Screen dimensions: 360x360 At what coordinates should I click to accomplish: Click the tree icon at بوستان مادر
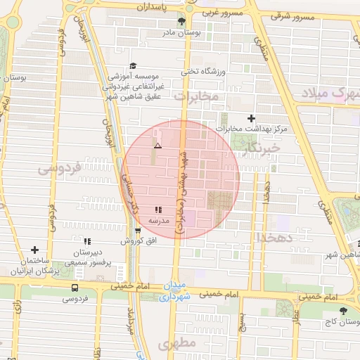point(182,22)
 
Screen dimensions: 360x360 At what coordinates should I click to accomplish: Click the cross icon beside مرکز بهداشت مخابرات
point(252,118)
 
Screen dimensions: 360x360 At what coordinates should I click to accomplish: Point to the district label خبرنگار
point(263,148)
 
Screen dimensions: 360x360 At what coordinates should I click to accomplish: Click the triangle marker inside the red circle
point(157,146)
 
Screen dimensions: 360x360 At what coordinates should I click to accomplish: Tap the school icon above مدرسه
point(158,210)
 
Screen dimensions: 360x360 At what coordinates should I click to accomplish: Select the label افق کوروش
point(131,240)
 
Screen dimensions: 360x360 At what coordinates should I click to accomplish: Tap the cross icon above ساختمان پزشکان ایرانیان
point(34,250)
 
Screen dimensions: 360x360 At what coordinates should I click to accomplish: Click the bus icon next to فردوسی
point(75,287)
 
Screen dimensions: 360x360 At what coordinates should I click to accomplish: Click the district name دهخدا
point(279,237)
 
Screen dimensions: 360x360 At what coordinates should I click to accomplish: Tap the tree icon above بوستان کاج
point(343,310)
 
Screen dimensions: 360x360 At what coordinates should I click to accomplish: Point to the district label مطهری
point(175,344)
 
